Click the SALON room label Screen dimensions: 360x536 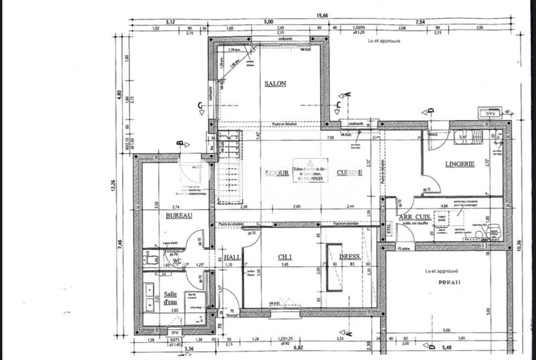pos(275,83)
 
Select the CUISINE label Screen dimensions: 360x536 pos(350,172)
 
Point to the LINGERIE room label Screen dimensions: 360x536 pos(460,164)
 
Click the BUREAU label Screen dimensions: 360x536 pos(179,215)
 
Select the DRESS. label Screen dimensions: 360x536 pos(350,257)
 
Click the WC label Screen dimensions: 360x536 pos(178,261)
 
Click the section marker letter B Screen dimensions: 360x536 pos(180,142)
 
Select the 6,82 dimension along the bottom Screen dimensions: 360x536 pos(299,348)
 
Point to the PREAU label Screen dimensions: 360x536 pos(439,283)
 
